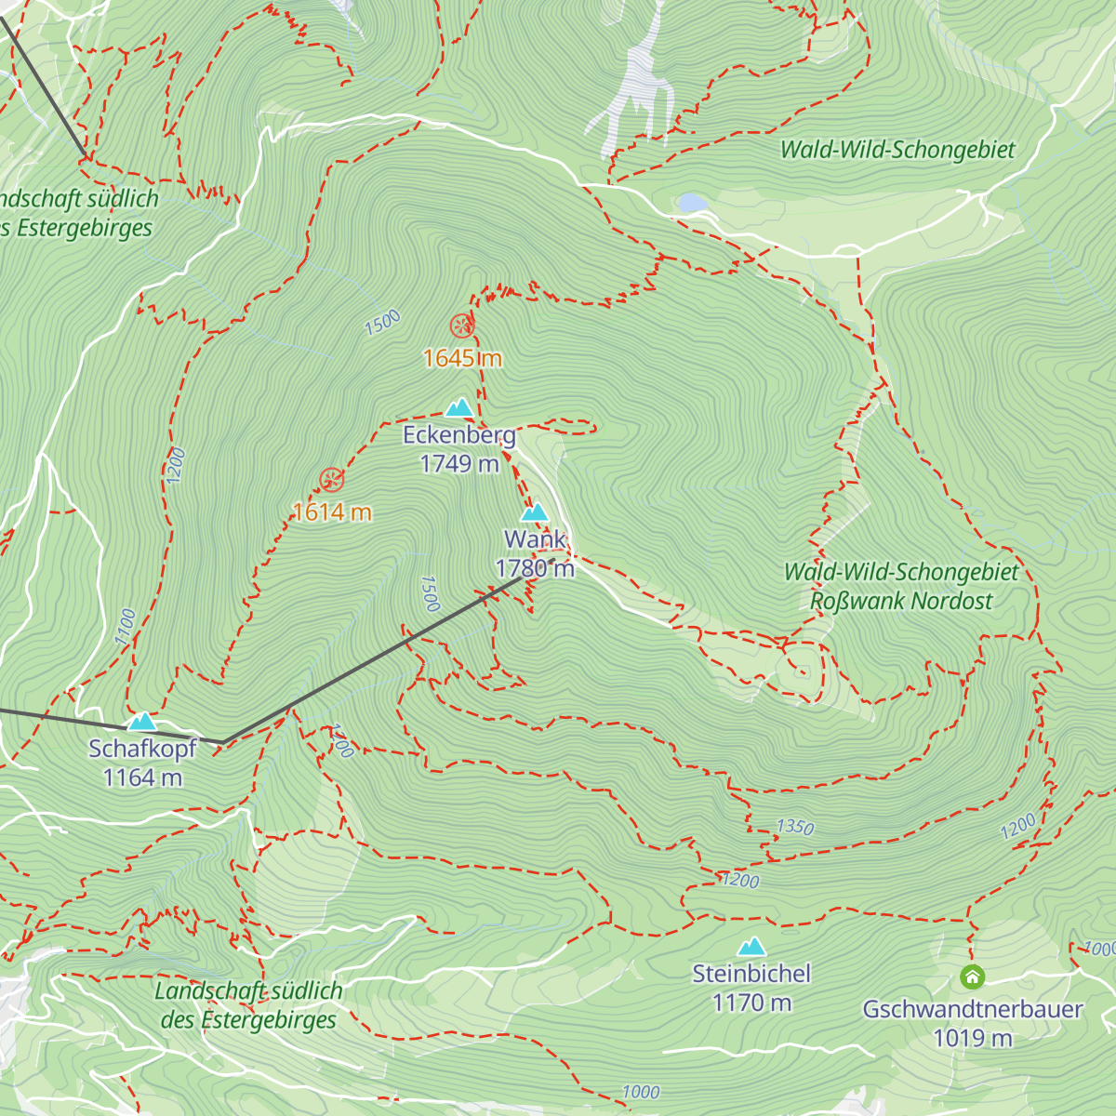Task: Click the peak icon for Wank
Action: [534, 512]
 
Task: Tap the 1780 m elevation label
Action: [535, 568]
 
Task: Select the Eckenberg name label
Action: [458, 435]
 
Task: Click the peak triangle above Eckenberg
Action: [458, 408]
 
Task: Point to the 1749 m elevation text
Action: [458, 463]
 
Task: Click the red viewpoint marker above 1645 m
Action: [461, 325]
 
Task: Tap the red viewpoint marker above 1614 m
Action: [332, 480]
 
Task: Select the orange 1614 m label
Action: [332, 511]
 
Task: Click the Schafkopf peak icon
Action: [142, 722]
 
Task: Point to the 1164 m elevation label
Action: [142, 777]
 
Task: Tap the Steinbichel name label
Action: [751, 974]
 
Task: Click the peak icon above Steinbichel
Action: [751, 947]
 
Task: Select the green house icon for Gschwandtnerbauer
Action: [972, 976]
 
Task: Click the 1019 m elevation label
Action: [972, 1038]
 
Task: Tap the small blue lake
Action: [693, 203]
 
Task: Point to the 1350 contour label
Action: [795, 827]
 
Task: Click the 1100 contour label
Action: [126, 628]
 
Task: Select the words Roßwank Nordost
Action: [900, 601]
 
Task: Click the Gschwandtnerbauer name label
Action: [972, 1009]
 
